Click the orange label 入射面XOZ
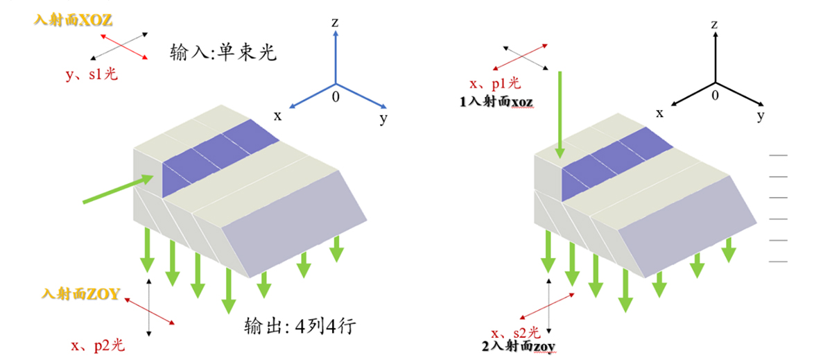[73, 20]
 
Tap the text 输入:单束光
[223, 53]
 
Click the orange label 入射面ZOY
[81, 294]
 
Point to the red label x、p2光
[98, 344]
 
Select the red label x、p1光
[494, 83]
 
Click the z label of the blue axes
[335, 23]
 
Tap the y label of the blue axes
[383, 119]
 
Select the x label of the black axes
[660, 112]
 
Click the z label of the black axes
[713, 24]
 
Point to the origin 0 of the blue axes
[336, 97]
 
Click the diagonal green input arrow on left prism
[118, 188]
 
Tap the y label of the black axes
[761, 116]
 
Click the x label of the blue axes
[277, 116]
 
